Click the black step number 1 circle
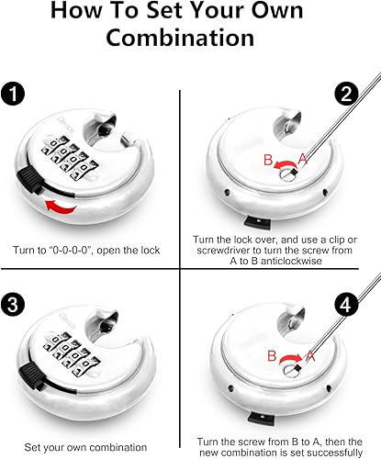[13, 94]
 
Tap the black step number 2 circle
[346, 94]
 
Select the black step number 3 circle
[13, 305]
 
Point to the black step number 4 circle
[346, 305]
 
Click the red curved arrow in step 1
[61, 207]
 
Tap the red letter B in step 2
[268, 160]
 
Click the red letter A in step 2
[302, 159]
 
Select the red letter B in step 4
[272, 356]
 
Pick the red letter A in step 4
[309, 356]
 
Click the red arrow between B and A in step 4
[290, 357]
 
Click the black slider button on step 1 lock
[29, 180]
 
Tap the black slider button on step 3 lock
[30, 375]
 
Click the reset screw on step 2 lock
[288, 174]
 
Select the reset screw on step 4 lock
[292, 369]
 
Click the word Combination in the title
[180, 38]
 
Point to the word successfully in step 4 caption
[334, 453]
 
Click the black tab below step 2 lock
[257, 221]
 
